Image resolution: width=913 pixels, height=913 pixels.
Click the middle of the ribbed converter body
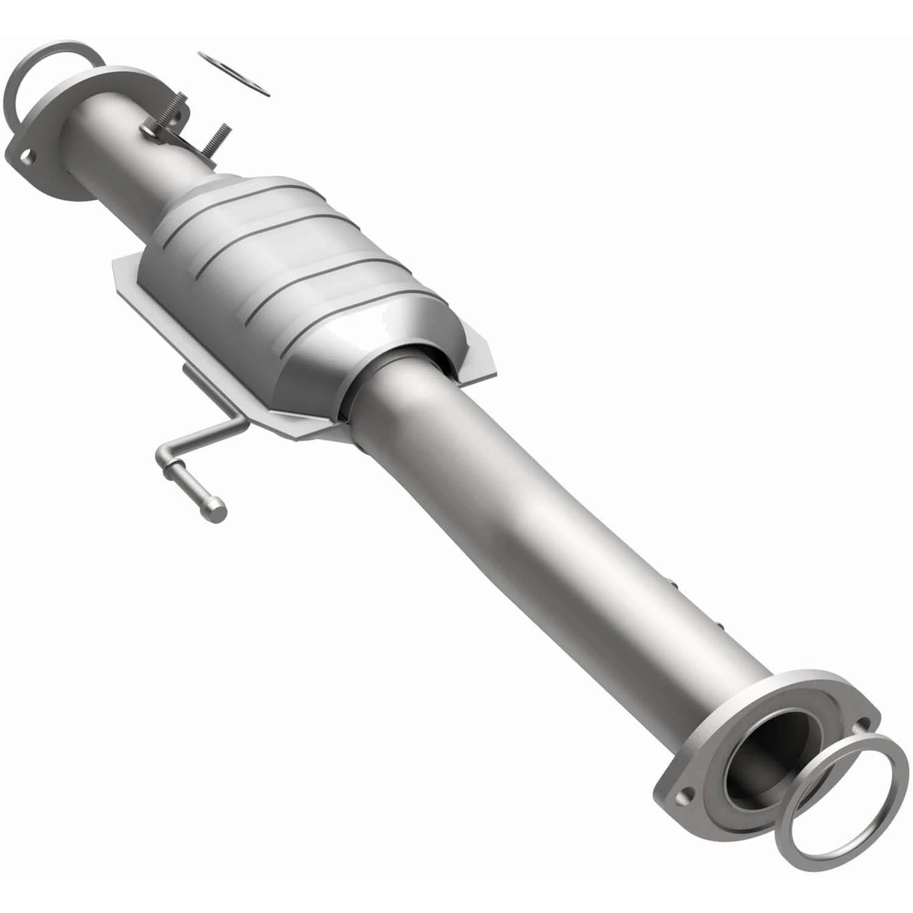point(286,274)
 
